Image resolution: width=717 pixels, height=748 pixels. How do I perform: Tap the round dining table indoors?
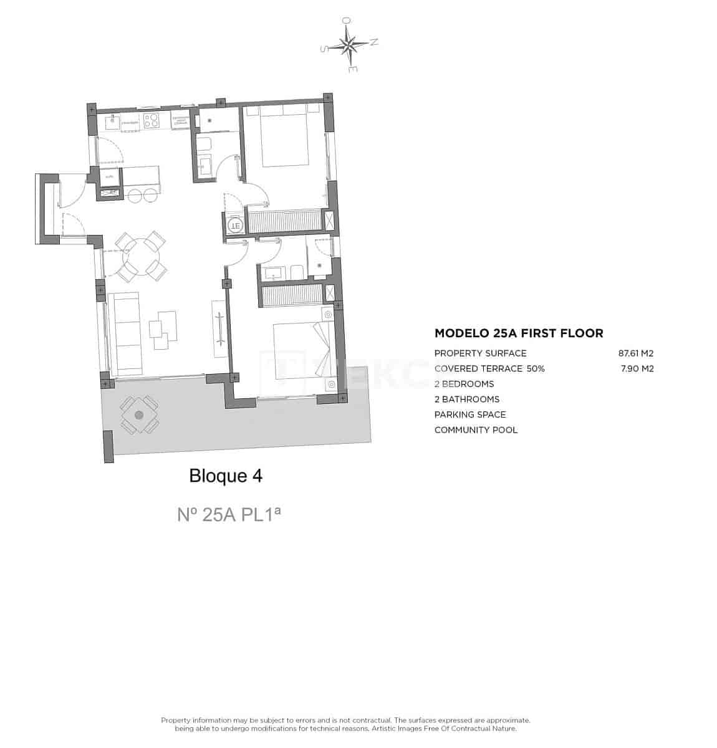(x=143, y=256)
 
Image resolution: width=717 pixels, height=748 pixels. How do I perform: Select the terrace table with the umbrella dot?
(x=138, y=415)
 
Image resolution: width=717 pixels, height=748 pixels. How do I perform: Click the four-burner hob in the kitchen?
(x=152, y=120)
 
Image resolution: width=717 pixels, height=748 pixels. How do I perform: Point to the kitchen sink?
(x=114, y=122)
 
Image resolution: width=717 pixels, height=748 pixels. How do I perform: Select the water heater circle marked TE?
(x=234, y=224)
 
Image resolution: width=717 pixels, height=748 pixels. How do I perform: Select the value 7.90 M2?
(x=637, y=368)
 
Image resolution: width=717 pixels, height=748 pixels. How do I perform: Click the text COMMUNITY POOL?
(x=476, y=429)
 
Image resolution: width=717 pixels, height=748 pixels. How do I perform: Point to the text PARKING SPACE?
(x=469, y=415)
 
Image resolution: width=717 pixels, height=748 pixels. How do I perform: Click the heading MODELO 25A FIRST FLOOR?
(x=518, y=333)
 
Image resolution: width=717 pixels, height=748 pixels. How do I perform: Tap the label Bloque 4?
(x=226, y=476)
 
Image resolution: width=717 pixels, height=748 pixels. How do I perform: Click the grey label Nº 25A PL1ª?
(x=229, y=515)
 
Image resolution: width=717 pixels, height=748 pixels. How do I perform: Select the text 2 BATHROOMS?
(x=466, y=399)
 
